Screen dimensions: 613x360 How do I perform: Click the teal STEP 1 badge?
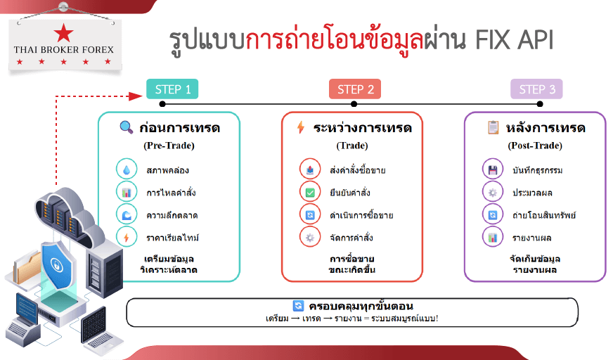point(172,89)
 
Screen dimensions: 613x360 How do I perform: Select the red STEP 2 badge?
point(355,89)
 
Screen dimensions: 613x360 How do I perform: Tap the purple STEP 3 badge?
point(537,89)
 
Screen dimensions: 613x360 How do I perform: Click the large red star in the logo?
point(63,33)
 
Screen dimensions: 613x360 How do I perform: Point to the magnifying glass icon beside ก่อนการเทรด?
point(126,127)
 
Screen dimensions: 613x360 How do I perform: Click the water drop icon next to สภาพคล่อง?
point(127,169)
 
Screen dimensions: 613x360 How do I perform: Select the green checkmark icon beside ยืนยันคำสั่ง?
point(310,193)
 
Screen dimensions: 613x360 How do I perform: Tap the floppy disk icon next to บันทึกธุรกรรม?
point(493,169)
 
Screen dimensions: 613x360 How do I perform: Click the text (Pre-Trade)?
point(169,146)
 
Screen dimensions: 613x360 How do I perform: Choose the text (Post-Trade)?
point(535,146)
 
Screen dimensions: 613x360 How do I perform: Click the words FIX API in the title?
point(514,40)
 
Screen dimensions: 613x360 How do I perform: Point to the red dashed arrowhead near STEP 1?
point(136,96)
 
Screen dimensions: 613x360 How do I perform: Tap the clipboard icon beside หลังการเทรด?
point(493,127)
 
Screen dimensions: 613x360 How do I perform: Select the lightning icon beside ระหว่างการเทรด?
point(300,127)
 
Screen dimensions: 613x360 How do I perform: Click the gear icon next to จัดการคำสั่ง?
point(310,238)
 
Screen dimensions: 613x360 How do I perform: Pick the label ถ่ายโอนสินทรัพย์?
point(544,215)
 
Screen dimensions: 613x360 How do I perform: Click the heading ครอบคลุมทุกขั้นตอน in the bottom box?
point(361,306)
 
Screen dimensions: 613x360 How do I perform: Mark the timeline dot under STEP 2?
point(354,104)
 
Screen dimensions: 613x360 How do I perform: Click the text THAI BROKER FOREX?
point(64,50)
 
